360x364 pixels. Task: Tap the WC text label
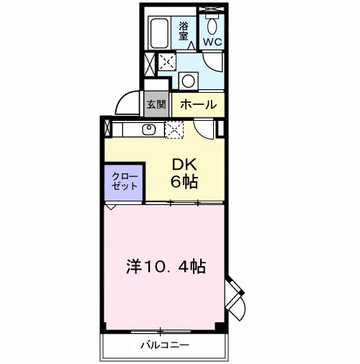(212, 42)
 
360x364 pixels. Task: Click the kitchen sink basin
(150, 129)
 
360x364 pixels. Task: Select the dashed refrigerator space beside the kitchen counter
(175, 129)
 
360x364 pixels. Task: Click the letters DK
(179, 164)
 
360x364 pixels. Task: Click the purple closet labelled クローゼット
(124, 181)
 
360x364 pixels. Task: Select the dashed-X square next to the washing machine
(166, 62)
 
